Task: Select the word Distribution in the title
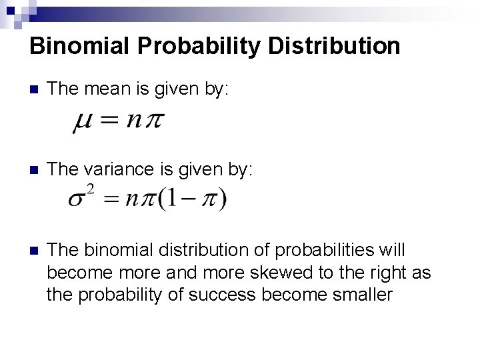coord(333,46)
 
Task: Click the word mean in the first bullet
coord(101,89)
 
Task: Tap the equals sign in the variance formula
coord(113,199)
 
